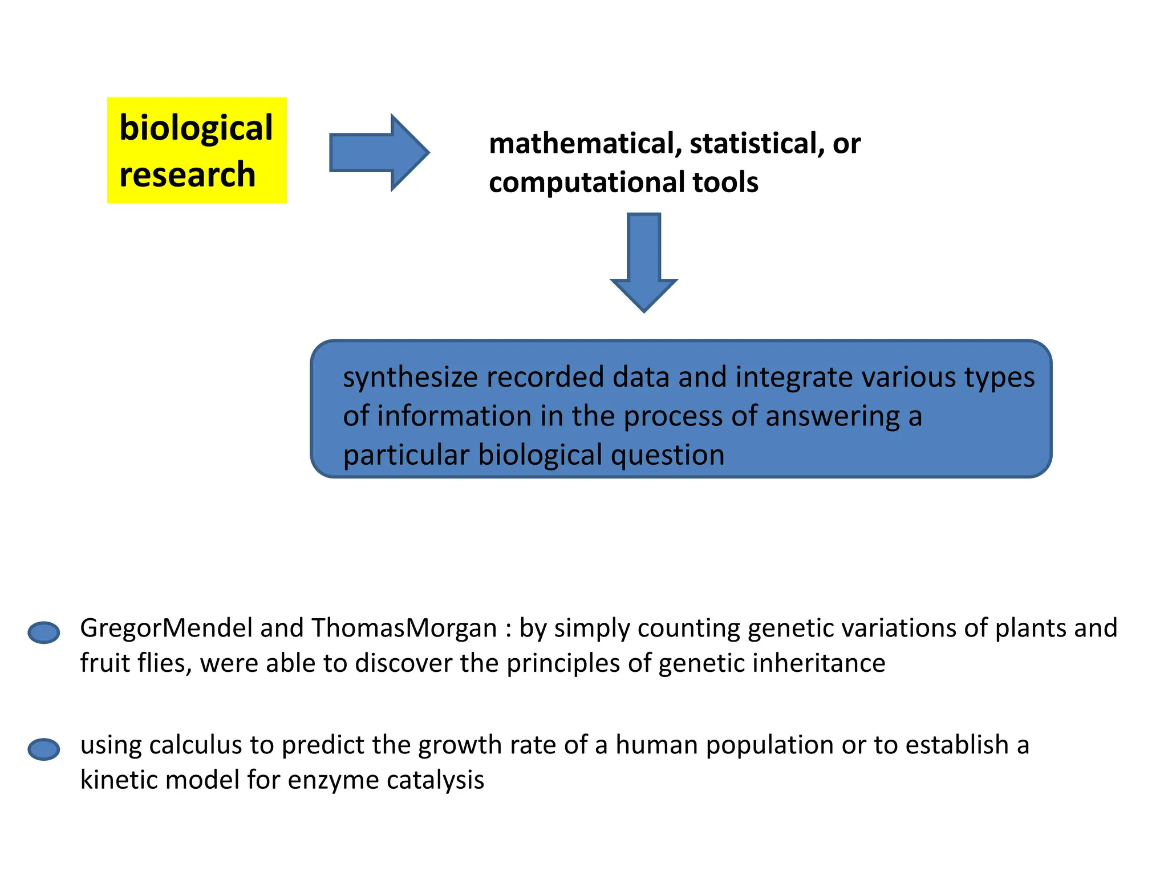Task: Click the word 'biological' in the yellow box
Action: coord(196,128)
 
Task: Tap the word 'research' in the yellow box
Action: coord(187,175)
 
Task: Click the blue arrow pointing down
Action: coord(644,262)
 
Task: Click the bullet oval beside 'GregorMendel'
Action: coord(44,632)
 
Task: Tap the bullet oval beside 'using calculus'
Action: coord(44,749)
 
